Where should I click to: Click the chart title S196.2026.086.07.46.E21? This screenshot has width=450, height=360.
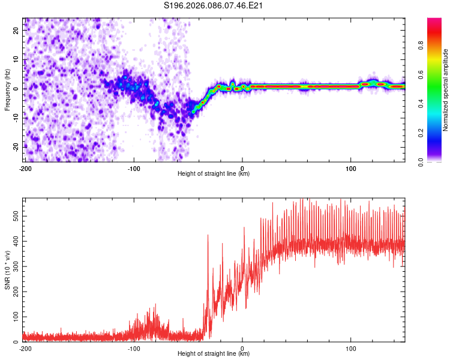pyautogui.click(x=214, y=6)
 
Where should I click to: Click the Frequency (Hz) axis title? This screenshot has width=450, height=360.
pyautogui.click(x=7, y=90)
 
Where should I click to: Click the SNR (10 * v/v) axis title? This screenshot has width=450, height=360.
pyautogui.click(x=7, y=270)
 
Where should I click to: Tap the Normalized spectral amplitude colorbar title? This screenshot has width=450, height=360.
pyautogui.click(x=446, y=90)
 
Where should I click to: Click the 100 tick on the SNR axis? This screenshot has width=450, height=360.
pyautogui.click(x=15, y=316)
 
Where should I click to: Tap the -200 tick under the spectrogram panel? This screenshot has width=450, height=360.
pyautogui.click(x=25, y=169)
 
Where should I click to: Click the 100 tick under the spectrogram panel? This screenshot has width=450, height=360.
pyautogui.click(x=351, y=169)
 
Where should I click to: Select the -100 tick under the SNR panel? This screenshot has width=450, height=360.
pyautogui.click(x=134, y=349)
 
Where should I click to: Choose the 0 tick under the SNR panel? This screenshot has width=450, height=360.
pyautogui.click(x=242, y=349)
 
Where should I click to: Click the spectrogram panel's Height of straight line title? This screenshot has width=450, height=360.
pyautogui.click(x=214, y=174)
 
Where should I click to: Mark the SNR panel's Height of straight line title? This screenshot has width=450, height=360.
pyautogui.click(x=214, y=354)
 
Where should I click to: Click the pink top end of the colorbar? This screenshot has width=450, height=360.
pyautogui.click(x=434, y=22)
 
